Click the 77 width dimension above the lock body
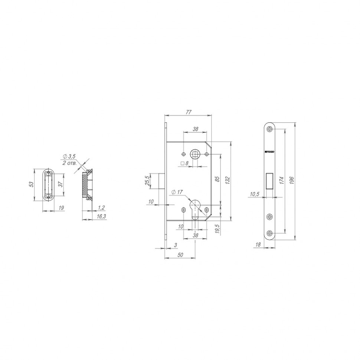coord(189,112)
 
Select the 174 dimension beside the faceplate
coord(282,180)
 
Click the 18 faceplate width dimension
coord(258,245)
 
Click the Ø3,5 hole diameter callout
coord(70,157)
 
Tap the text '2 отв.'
coord(69,163)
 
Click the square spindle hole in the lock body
coord(194,154)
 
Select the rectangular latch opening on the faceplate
coord(270,181)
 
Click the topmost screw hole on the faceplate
coord(269,128)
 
